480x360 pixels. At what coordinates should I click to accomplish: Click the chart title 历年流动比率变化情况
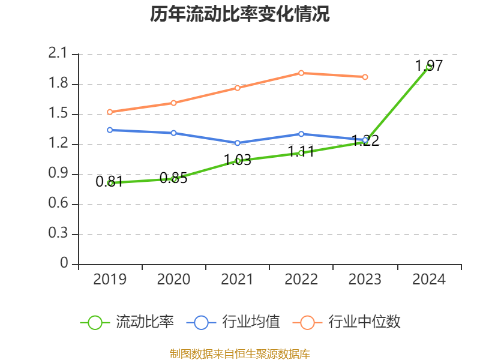(x=239, y=14)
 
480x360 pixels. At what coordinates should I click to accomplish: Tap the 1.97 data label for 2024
(x=429, y=66)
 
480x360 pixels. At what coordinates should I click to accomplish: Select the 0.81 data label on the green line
(x=109, y=182)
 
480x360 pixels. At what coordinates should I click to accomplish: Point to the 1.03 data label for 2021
(x=238, y=160)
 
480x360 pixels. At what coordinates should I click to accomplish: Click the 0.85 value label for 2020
(x=173, y=178)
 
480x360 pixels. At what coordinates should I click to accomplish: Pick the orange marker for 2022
(x=301, y=73)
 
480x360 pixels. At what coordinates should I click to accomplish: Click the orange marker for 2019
(x=110, y=112)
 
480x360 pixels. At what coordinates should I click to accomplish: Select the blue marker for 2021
(x=237, y=143)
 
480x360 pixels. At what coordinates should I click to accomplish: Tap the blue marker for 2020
(x=173, y=133)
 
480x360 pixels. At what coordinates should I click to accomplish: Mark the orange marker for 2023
(x=365, y=77)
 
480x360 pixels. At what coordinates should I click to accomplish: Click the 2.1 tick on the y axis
(x=58, y=53)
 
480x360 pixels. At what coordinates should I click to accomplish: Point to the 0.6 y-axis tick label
(x=58, y=203)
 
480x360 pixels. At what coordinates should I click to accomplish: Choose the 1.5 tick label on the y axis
(x=58, y=113)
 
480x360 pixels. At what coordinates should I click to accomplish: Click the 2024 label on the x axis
(x=429, y=279)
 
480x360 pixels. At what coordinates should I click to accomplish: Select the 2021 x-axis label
(x=237, y=279)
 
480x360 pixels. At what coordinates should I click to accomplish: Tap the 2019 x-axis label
(x=110, y=279)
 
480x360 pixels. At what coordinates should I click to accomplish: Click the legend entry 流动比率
(x=127, y=322)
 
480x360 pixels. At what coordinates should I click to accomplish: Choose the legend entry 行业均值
(x=233, y=322)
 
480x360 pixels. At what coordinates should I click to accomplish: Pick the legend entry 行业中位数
(x=347, y=322)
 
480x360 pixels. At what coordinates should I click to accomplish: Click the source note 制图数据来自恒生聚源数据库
(x=240, y=353)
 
